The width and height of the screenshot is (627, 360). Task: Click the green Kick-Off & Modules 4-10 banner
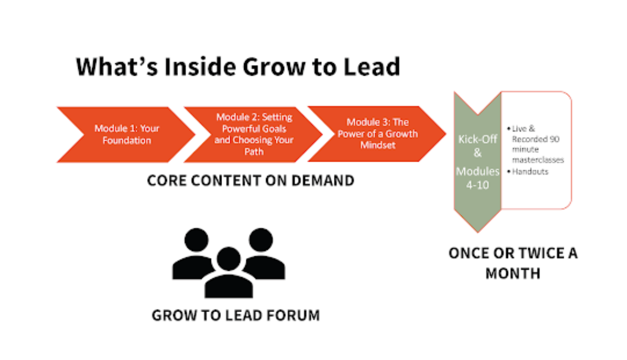(477, 160)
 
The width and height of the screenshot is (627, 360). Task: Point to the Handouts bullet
(529, 171)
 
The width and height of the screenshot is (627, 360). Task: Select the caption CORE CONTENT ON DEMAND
(250, 181)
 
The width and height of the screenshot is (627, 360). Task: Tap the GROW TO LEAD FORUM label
(236, 315)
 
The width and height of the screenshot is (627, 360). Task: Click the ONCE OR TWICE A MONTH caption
(513, 263)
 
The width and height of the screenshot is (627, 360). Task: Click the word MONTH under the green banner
(513, 273)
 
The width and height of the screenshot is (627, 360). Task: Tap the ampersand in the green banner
(477, 153)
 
